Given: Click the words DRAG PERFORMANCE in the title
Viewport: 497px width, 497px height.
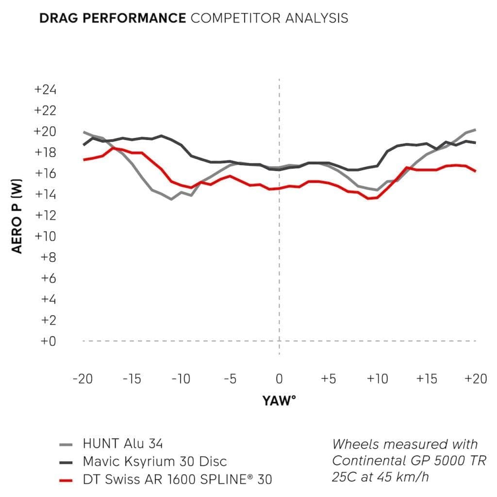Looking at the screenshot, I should click(x=112, y=18).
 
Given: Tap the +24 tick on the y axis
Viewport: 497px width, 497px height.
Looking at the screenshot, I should click(x=45, y=90).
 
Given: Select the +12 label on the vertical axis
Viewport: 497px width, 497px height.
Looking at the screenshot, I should click(x=45, y=215).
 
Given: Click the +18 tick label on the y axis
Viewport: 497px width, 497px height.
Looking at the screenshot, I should click(x=45, y=153).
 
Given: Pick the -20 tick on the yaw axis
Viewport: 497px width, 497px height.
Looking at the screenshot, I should click(x=83, y=379).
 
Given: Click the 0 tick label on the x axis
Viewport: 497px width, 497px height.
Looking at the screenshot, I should click(x=279, y=379).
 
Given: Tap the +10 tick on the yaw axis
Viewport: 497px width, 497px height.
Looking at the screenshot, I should click(x=377, y=379).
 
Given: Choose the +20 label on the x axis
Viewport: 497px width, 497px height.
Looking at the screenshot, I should click(x=475, y=379).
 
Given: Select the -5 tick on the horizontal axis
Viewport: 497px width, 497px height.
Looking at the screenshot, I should click(x=230, y=379).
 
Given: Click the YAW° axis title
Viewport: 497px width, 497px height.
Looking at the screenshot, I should click(x=279, y=401).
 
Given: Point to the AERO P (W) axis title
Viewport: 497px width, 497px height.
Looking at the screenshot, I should click(x=17, y=215).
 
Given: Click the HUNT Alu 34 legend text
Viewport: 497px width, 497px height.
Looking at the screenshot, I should click(x=123, y=444).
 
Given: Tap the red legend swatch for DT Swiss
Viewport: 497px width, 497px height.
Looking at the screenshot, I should click(x=66, y=480).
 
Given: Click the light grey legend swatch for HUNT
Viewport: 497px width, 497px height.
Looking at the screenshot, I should click(x=66, y=444).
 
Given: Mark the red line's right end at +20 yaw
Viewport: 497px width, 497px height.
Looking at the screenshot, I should click(x=475, y=171).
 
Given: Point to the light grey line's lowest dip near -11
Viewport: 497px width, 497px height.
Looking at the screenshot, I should click(x=171, y=199).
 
